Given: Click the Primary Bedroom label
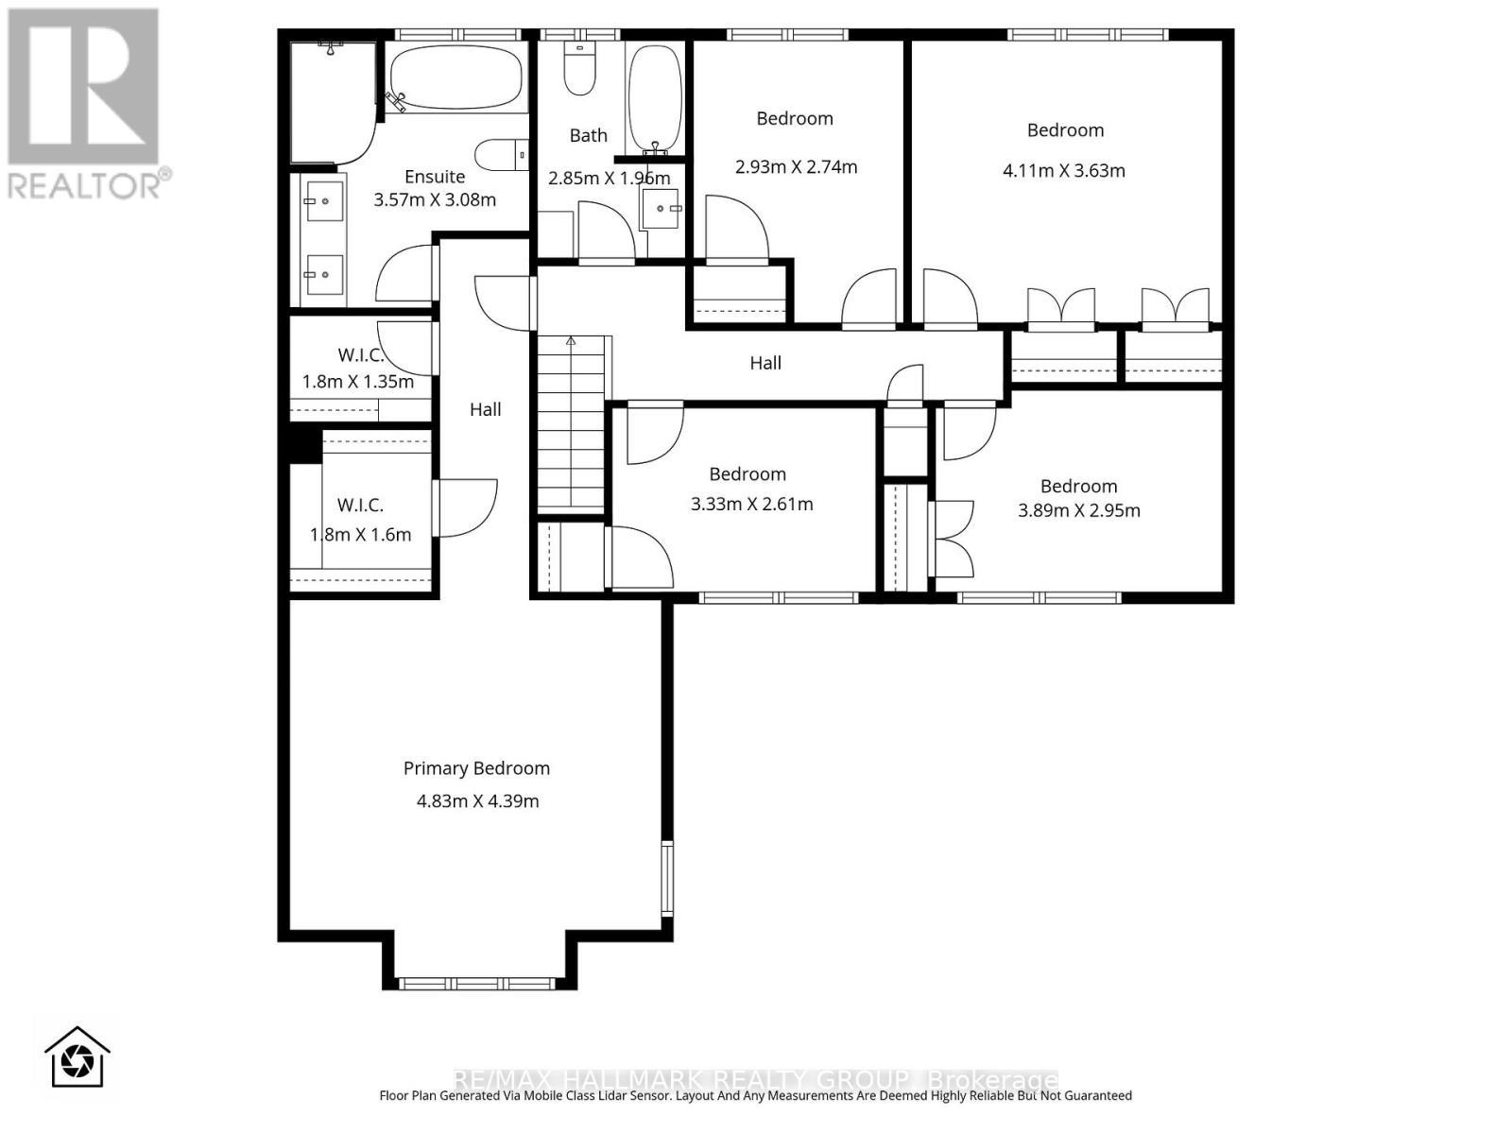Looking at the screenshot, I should (x=476, y=768).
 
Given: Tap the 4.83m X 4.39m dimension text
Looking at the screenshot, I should (x=477, y=801).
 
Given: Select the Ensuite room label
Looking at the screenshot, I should (x=435, y=177).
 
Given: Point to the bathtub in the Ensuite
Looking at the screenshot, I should (x=455, y=78).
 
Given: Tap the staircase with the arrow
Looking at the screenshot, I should (x=571, y=425).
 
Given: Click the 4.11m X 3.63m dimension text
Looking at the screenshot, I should (x=1063, y=171).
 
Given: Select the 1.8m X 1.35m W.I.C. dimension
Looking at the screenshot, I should (x=358, y=382).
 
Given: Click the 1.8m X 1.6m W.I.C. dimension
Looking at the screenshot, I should (x=360, y=535).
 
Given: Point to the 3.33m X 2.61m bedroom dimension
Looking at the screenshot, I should (x=751, y=505).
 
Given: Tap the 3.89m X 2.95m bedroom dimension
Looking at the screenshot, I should (x=1078, y=511).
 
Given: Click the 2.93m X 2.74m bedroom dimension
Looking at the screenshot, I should (x=796, y=167).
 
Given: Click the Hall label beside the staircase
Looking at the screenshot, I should (x=486, y=409).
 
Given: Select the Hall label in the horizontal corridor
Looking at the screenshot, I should (x=765, y=363).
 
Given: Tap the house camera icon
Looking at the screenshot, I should (x=77, y=1057).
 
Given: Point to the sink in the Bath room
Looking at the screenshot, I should (x=661, y=209).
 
